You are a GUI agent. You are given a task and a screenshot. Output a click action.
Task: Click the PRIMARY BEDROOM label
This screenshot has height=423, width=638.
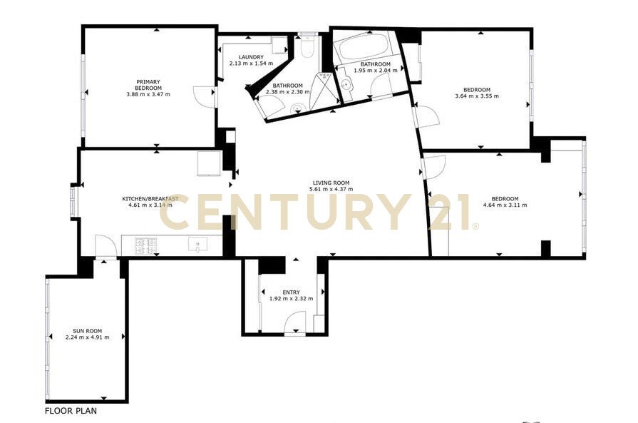[148, 85]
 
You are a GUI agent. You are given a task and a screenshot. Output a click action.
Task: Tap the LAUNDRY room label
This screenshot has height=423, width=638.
[251, 57]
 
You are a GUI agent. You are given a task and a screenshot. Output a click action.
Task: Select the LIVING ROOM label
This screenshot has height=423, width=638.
[331, 183]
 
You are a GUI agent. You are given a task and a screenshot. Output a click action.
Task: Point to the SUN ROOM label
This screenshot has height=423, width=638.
[87, 331]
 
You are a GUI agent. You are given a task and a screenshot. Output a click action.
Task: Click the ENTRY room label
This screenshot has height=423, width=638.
[292, 292]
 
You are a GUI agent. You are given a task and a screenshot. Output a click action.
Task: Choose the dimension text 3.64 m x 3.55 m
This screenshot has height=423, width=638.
[477, 96]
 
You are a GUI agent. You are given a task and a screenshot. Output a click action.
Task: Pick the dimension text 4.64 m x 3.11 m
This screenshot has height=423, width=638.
[505, 205]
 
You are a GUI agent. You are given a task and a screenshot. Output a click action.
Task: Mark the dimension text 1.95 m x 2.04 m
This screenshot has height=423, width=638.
[376, 70]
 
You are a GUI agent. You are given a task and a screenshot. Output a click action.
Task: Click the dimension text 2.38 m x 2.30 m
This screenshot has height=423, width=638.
[288, 91]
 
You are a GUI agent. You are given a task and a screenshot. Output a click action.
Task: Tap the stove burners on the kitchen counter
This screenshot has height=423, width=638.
[145, 245]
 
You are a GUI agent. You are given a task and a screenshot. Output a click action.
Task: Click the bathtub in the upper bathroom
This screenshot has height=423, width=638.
[363, 48]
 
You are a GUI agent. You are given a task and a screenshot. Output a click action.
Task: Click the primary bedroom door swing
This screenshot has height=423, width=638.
[205, 97]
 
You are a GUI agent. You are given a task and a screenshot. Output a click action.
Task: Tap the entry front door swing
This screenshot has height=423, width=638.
[295, 322]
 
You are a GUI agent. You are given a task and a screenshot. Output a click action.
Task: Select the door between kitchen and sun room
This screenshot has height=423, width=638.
[106, 246]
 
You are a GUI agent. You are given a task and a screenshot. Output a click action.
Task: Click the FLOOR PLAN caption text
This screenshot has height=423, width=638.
[71, 411]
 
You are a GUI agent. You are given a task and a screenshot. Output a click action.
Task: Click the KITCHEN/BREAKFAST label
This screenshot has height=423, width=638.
[150, 199]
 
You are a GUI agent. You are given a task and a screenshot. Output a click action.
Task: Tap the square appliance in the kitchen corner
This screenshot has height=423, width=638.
[210, 163]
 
